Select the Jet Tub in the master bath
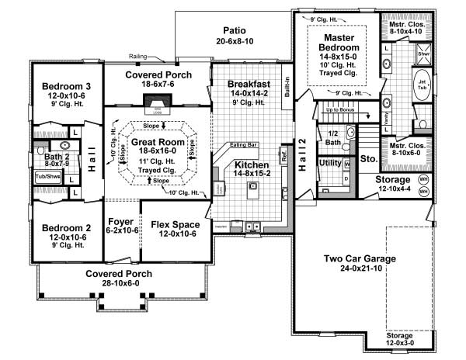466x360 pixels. tap(423, 84)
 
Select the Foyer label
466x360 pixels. tap(120, 225)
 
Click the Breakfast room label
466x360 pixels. tap(249, 84)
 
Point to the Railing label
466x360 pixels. tap(141, 56)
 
